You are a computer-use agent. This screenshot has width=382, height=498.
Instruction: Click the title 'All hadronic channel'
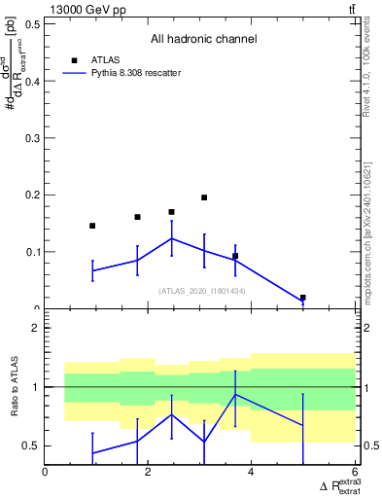point(203,39)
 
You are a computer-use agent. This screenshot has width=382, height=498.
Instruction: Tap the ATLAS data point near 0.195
point(204,197)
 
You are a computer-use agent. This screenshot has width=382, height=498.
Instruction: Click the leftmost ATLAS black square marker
point(92,226)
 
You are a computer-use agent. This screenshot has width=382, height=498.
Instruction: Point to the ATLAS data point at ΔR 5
point(303,298)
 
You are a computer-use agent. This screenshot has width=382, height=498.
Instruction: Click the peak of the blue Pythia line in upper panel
point(172,238)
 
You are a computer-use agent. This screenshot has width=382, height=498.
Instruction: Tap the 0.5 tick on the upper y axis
point(31,24)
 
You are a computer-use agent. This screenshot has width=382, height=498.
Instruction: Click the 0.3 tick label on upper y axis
point(31,138)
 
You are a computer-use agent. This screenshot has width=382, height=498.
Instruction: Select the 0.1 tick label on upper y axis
point(31,252)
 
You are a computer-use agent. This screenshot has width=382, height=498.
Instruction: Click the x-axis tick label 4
point(252,474)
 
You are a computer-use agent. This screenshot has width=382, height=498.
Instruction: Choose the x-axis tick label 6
point(355,474)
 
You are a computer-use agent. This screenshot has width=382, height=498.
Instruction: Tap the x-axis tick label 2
point(149,474)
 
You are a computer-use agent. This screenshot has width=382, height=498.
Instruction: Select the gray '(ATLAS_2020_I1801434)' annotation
point(201,291)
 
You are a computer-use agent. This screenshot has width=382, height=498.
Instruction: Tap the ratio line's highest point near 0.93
point(235,394)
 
